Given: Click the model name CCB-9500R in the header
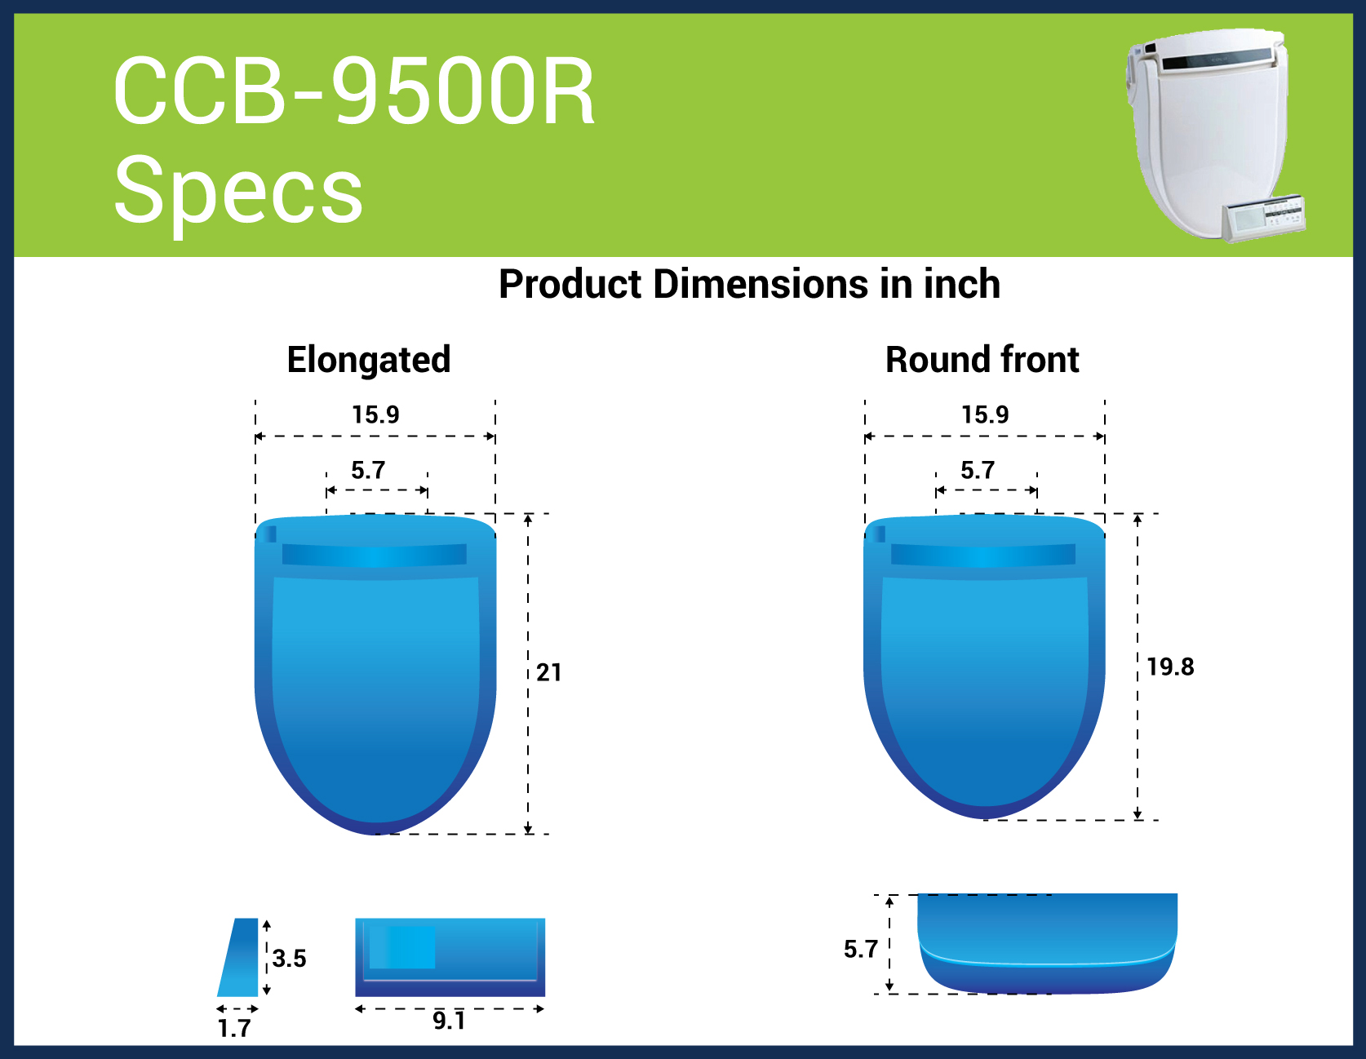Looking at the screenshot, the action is click(x=354, y=91).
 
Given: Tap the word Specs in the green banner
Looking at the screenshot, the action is click(x=238, y=190).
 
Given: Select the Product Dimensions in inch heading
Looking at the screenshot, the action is click(x=749, y=284).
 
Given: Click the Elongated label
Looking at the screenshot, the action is click(x=369, y=360).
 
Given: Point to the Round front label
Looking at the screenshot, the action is click(x=982, y=359).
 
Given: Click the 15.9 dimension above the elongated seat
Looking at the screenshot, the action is click(x=375, y=414).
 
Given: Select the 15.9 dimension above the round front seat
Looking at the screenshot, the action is click(x=985, y=414).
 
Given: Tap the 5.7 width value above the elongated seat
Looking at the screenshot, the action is click(x=368, y=470).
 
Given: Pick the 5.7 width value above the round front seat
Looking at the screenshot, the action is click(x=978, y=470).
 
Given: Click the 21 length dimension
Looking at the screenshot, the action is click(x=549, y=672).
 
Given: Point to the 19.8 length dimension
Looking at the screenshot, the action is click(x=1170, y=667).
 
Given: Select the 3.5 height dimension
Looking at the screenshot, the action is click(x=290, y=958).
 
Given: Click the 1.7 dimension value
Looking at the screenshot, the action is click(x=234, y=1028).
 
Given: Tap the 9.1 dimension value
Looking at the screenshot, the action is click(x=449, y=1021).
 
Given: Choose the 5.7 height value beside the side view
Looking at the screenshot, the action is click(x=861, y=949).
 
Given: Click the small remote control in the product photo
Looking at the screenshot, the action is click(x=1263, y=218).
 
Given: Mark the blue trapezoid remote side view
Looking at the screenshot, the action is click(x=238, y=957).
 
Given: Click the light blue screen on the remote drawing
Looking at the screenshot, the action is click(x=402, y=947).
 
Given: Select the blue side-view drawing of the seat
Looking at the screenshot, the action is click(x=1047, y=944).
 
